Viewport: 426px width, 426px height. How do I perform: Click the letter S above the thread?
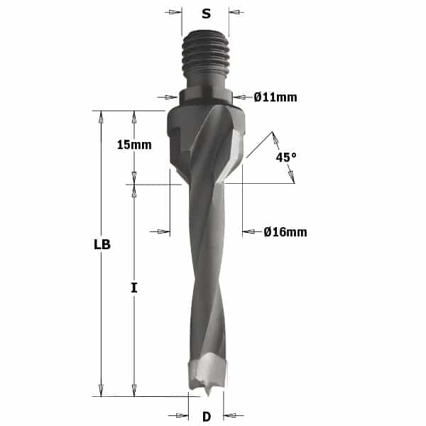[206, 13]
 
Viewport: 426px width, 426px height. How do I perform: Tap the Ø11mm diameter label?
[275, 97]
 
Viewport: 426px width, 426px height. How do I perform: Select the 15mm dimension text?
[134, 145]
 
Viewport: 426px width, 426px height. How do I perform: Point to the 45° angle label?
[286, 157]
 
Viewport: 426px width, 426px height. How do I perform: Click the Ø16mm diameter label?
[285, 232]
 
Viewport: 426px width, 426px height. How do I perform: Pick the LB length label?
[102, 244]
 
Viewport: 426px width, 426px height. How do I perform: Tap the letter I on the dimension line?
[134, 288]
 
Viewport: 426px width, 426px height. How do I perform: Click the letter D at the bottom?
[207, 417]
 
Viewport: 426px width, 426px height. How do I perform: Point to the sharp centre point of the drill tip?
[208, 395]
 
